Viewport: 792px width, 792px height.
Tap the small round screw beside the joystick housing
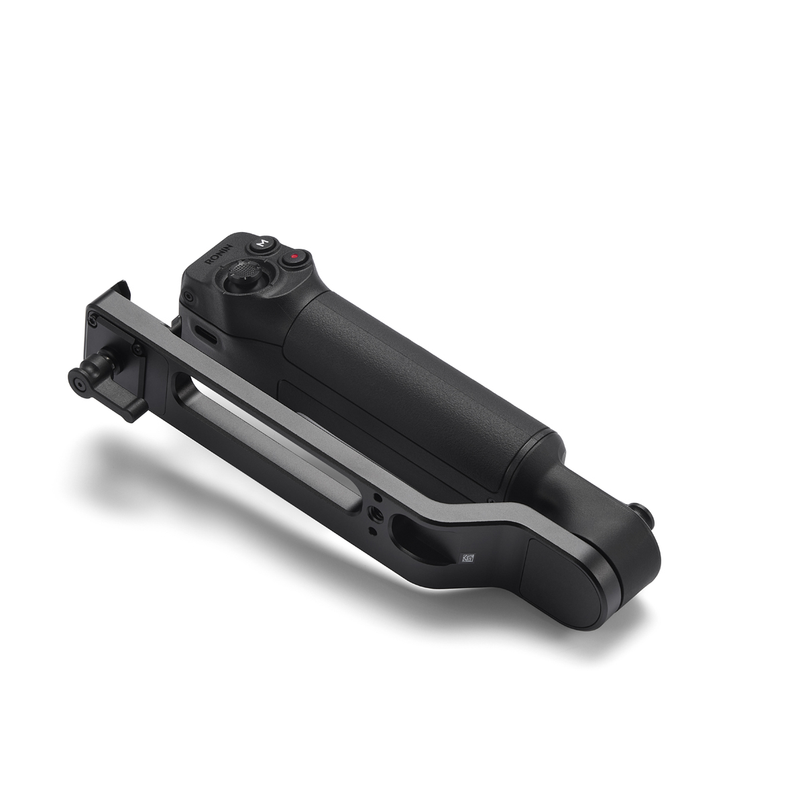[x=190, y=295]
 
